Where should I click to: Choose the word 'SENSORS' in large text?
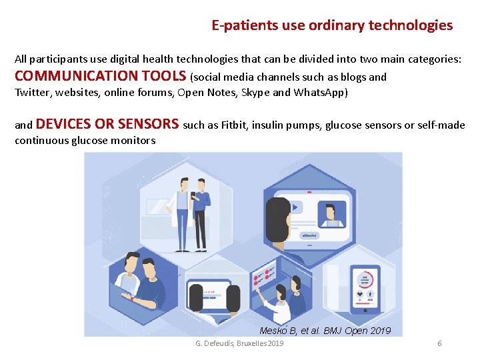[147, 124]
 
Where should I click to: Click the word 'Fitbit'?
[235, 125]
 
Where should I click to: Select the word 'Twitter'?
[32, 92]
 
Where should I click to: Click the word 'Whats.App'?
[319, 92]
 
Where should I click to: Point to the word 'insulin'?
[269, 125]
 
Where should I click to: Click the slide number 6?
[439, 343]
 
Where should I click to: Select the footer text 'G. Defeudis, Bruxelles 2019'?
[239, 343]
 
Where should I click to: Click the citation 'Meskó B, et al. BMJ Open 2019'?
[325, 331]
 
